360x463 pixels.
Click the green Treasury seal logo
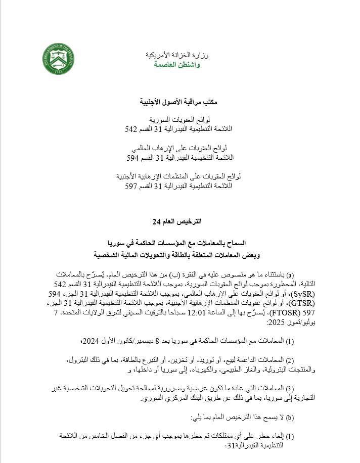(x=58, y=59)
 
